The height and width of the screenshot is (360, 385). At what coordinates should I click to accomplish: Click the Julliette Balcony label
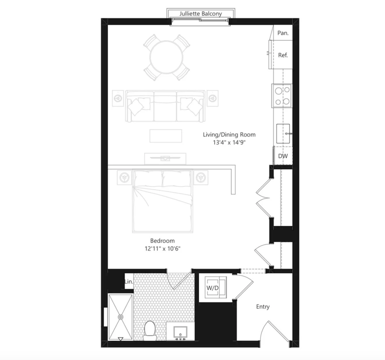pos(201,14)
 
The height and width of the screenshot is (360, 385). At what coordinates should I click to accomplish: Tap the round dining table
pos(167,57)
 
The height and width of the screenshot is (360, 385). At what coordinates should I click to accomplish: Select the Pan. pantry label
pos(283,33)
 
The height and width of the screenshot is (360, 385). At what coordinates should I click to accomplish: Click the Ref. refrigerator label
pos(283,55)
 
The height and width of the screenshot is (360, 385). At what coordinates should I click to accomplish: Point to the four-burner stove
pos(282,96)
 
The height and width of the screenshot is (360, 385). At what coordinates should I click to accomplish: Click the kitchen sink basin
pos(283,134)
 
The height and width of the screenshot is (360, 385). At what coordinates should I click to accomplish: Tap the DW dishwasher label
pos(283,156)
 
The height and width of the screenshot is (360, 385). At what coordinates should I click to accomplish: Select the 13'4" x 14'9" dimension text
pos(229,143)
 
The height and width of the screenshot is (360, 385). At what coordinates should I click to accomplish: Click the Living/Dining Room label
pos(229,134)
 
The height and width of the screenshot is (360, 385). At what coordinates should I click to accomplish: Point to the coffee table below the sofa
pos(166,136)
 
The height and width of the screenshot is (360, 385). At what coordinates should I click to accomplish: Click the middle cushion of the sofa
pos(165,106)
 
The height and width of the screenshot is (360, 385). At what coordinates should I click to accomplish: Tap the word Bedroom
pos(162,241)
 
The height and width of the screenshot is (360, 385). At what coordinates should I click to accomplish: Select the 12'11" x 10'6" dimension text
pos(162,249)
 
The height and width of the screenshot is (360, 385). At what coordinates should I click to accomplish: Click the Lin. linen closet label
pos(129,282)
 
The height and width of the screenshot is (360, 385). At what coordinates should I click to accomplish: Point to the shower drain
pos(121,317)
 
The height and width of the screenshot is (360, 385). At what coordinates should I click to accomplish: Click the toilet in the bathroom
pos(150,331)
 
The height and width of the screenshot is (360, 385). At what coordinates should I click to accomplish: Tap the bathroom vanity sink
pos(180,333)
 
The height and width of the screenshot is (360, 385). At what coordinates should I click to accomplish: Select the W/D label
pos(212,288)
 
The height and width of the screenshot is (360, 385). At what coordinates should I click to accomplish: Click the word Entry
pos(263,307)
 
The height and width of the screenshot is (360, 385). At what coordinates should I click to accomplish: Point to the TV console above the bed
pos(165,158)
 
